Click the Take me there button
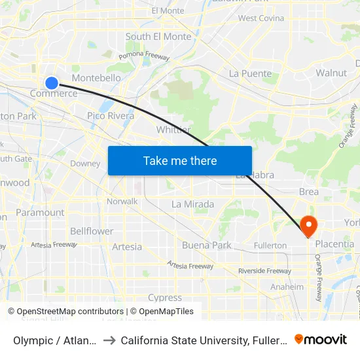[180, 160]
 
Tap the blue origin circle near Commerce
[52, 82]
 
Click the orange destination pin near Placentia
[308, 226]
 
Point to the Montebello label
[96, 78]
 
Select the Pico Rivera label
[111, 116]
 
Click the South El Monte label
[158, 37]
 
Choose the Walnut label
[331, 73]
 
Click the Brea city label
[309, 192]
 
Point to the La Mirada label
[192, 204]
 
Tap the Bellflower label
[92, 231]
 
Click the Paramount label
[40, 212]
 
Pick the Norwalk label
[122, 202]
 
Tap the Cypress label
[165, 298]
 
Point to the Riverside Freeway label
[264, 271]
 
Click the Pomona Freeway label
[149, 57]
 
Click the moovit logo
[321, 339]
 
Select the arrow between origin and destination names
[109, 340]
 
